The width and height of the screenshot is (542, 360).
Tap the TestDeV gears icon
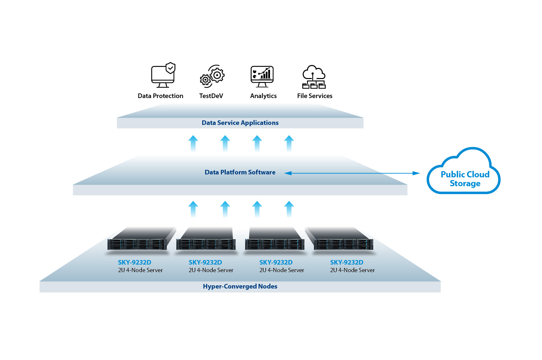212,76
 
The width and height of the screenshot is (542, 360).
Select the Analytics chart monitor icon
262,76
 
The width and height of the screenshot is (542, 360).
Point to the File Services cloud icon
314,77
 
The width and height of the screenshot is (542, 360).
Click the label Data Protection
160,96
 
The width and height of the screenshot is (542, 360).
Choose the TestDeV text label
211,96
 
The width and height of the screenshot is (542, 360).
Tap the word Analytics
263,96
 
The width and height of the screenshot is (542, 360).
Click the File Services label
315,96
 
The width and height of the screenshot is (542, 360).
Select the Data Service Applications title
240,123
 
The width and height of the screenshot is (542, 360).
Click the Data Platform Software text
240,172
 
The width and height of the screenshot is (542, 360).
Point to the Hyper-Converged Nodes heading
240,286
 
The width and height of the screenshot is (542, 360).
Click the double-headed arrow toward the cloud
352,173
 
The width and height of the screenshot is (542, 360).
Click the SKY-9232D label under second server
205,262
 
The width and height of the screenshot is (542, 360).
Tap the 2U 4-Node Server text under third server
281,270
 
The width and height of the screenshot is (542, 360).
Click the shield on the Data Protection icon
170,68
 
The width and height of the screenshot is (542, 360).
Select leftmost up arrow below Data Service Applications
193,143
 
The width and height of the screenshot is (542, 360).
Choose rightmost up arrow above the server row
289,209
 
